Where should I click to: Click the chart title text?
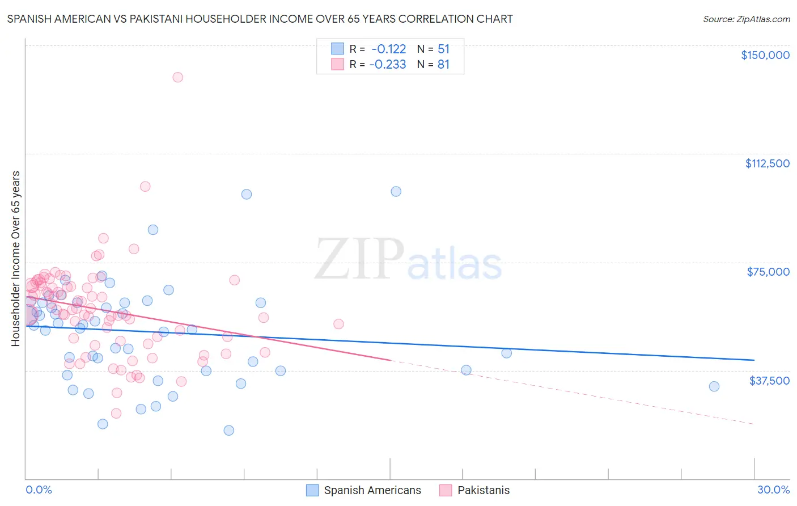pos(260,19)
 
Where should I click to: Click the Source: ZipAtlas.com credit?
pos(746,19)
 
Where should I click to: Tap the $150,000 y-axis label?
pos(765,55)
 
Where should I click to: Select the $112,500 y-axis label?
pos(767,163)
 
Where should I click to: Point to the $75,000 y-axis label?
pos(768,272)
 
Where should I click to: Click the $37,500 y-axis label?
pos(769,381)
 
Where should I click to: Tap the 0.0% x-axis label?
pos(39,490)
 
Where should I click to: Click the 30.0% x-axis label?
pos(773,490)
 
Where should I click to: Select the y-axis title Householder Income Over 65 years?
pos(16,259)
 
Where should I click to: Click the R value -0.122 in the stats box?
pos(388,49)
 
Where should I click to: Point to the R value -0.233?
pos(388,65)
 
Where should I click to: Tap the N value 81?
pos(443,65)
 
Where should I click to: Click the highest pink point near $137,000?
pos(177,77)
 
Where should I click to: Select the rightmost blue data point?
pos(714,386)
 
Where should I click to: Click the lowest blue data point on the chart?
pos(229,430)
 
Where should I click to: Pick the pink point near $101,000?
pos(145,187)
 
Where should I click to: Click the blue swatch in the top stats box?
pos(338,49)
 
